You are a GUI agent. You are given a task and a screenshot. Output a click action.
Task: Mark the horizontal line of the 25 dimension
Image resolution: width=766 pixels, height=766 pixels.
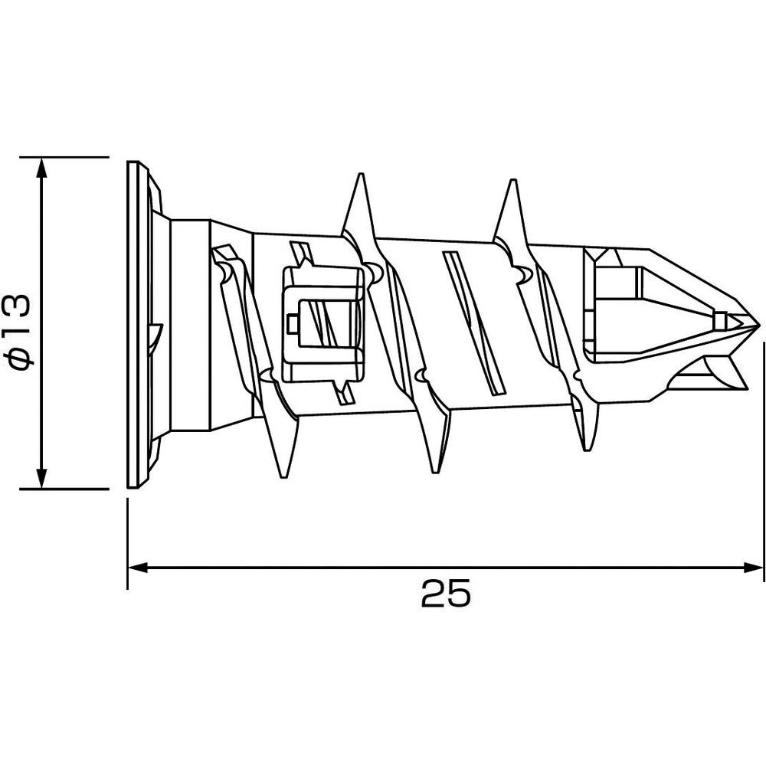(306, 568)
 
